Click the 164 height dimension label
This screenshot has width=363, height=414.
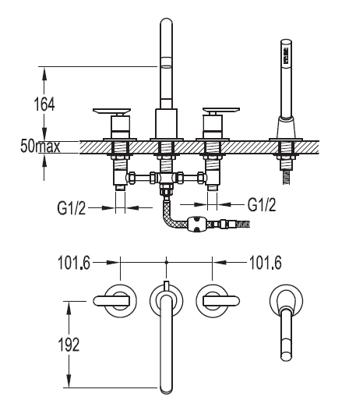coord(44,104)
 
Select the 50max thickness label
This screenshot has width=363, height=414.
coord(40,146)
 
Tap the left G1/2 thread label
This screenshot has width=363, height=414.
coord(72,208)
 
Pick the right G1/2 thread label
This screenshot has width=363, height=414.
coord(262,204)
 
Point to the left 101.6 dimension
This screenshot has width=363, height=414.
coord(74,263)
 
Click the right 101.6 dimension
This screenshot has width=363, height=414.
coord(266,263)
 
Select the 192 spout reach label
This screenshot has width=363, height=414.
coord(69,345)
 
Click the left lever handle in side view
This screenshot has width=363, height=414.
coord(112,111)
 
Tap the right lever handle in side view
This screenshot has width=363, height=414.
coord(221,111)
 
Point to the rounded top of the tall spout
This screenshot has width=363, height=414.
coord(166,22)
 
